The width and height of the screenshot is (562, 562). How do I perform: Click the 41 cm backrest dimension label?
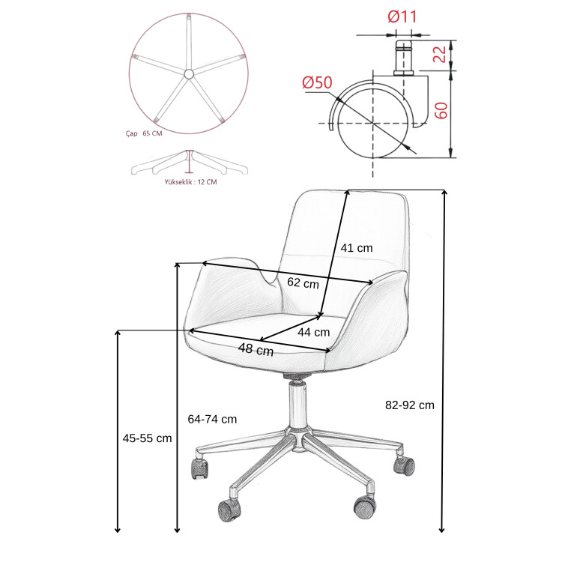[356, 248]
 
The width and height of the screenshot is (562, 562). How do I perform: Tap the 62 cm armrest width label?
[303, 282]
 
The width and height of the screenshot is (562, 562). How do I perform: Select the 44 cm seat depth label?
[314, 332]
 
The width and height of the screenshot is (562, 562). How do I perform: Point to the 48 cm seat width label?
[256, 349]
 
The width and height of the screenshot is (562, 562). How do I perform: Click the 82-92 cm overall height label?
[410, 405]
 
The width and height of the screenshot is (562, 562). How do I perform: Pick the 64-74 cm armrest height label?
[212, 419]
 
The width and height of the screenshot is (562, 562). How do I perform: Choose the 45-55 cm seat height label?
[148, 438]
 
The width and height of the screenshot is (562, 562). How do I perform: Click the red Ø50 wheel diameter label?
[317, 82]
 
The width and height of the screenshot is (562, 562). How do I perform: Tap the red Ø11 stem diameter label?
[402, 16]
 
